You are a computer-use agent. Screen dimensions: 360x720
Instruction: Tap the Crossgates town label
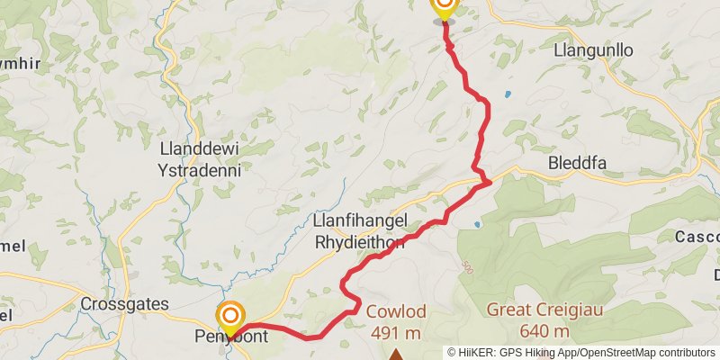pos(124,304)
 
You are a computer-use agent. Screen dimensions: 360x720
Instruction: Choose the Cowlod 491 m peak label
pos(396,321)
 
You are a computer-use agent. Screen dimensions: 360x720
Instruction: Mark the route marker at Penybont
pos(231,316)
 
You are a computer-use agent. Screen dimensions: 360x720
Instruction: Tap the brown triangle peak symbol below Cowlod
pos(395,355)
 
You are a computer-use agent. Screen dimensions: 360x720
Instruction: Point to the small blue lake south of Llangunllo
pos(508,94)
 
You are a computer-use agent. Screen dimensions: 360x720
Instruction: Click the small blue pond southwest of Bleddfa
pos(477,224)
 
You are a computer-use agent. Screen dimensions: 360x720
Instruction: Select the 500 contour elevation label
pos(466,266)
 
